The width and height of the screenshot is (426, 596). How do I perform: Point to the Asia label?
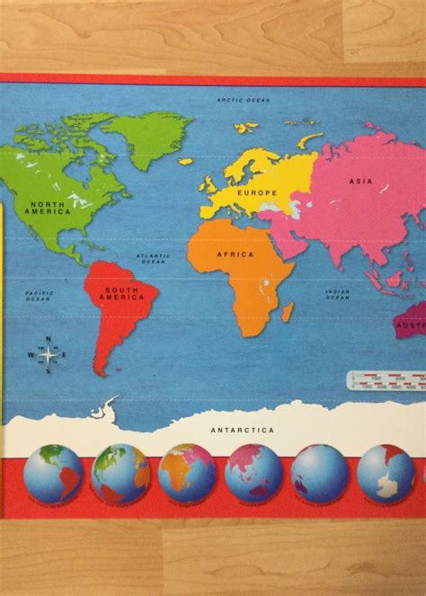[360, 181]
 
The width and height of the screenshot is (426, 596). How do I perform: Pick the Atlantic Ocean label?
[153, 258]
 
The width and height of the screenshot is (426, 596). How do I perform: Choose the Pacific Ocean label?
[40, 297]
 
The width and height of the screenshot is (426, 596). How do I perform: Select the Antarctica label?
[242, 430]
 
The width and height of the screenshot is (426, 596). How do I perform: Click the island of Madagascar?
[288, 311]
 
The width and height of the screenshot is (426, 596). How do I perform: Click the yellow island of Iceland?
[185, 161]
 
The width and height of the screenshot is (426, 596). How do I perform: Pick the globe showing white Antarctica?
[386, 472]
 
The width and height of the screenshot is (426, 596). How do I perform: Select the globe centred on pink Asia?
[253, 472]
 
